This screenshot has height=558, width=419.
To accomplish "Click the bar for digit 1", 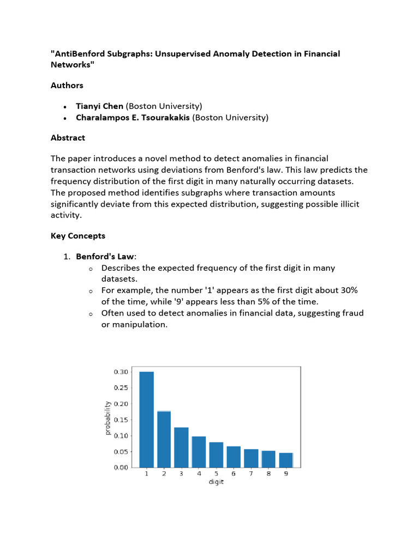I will pyautogui.click(x=146, y=419).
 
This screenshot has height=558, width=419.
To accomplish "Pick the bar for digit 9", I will pyautogui.click(x=286, y=460).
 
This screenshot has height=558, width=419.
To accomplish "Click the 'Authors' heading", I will pyautogui.click(x=67, y=86).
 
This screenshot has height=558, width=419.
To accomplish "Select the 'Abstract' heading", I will pyautogui.click(x=68, y=138).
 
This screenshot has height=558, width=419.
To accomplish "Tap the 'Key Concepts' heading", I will pyautogui.click(x=78, y=236).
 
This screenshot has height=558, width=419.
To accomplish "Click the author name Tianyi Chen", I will pyautogui.click(x=99, y=106).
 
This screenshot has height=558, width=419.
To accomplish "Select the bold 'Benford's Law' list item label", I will pyautogui.click(x=104, y=256).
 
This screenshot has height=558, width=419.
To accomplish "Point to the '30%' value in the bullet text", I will pyautogui.click(x=346, y=290).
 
